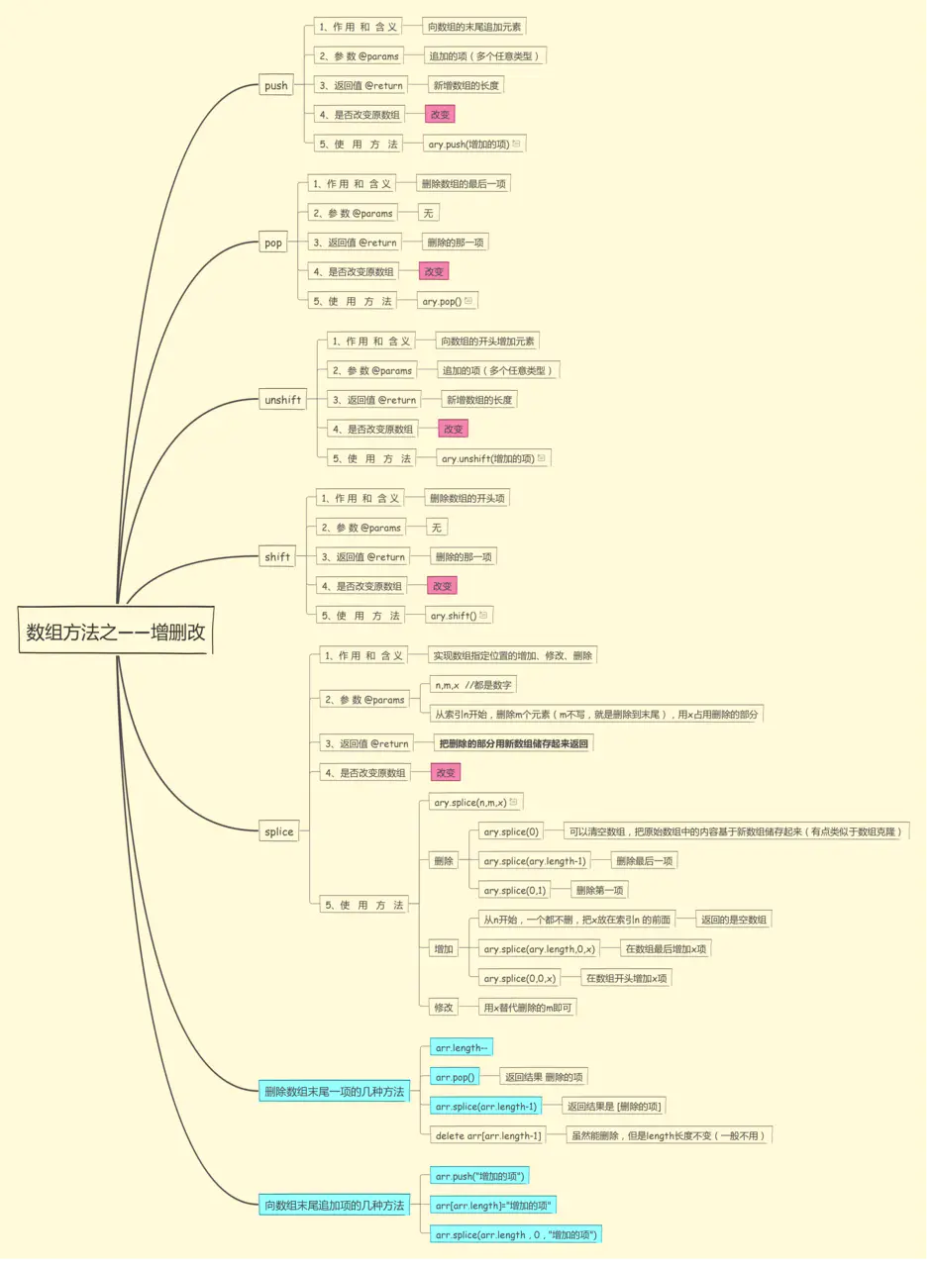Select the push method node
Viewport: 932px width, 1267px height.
tap(275, 86)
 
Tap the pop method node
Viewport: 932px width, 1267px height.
tap(273, 243)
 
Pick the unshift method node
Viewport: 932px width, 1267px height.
tap(282, 400)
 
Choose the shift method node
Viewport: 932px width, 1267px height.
tap(277, 557)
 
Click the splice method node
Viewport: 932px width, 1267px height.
tap(278, 831)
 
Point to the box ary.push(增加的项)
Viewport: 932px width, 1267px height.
tap(472, 144)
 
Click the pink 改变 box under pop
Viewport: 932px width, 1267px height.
tap(434, 271)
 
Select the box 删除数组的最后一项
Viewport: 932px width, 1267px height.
tap(464, 184)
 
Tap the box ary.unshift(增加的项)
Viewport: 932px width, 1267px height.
tap(492, 458)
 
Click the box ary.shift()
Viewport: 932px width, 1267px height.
tap(458, 616)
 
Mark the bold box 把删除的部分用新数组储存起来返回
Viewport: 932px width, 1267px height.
tap(513, 743)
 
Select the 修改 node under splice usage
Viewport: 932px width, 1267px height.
tap(443, 1008)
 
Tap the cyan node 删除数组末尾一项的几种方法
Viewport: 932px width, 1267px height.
tap(334, 1092)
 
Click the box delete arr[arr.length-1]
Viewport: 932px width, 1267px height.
tap(488, 1135)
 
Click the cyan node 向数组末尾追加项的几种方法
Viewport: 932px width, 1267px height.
tap(334, 1205)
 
